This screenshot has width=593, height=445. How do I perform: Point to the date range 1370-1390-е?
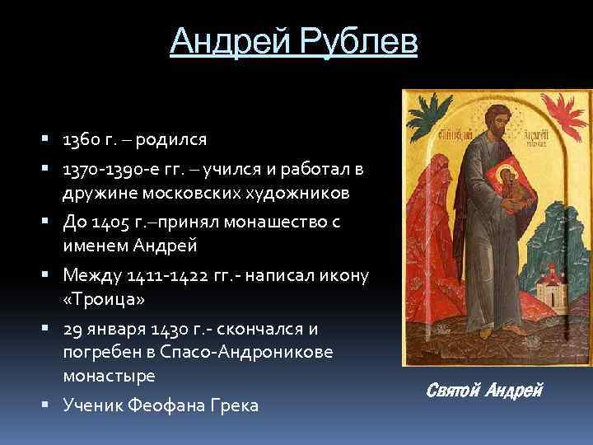[x=106, y=169]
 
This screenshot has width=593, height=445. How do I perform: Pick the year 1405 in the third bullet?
[x=111, y=222]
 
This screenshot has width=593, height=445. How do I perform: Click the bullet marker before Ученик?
[x=50, y=405]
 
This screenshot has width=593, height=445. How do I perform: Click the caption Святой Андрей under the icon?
[x=487, y=390]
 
